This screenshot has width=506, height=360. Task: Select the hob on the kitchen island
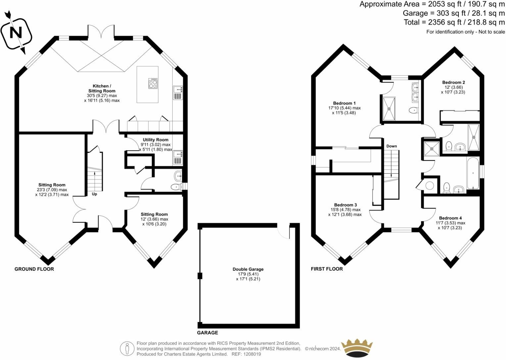click(x=153, y=83)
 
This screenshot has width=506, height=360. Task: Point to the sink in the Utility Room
click(x=178, y=157)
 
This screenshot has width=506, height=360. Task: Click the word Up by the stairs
click(x=94, y=194)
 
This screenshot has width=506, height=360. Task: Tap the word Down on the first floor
click(x=391, y=146)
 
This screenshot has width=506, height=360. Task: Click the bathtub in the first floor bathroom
click(x=473, y=173)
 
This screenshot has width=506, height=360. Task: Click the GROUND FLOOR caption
click(x=34, y=269)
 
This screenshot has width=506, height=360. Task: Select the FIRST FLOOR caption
click(x=327, y=269)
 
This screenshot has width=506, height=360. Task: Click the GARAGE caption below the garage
click(x=207, y=333)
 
